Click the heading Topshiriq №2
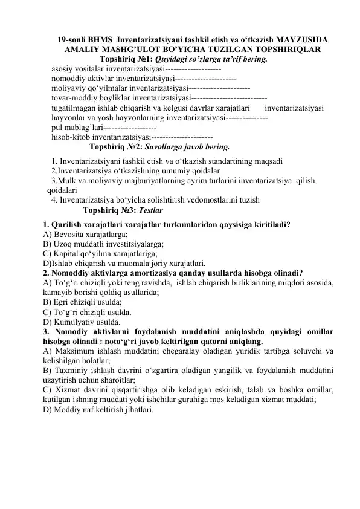(115, 146)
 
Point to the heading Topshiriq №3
(109, 211)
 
